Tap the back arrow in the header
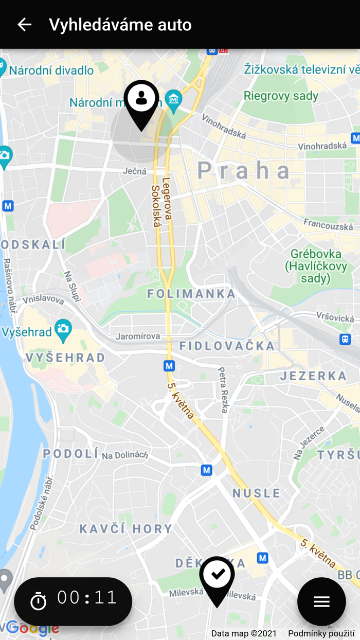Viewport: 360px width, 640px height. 24,24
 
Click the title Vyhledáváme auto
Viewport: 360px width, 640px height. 120,25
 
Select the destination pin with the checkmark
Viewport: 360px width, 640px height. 217,578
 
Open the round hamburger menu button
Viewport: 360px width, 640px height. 321,601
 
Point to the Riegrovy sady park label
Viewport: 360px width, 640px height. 281,96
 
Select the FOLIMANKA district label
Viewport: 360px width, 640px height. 191,294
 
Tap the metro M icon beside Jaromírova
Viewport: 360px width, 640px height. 169,366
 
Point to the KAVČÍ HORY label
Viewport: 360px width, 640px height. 127,528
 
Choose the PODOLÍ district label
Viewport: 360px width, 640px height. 70,453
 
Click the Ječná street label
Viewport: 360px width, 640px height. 135,171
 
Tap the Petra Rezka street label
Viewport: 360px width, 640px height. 223,389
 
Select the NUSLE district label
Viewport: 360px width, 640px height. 256,493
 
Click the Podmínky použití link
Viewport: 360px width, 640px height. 321,633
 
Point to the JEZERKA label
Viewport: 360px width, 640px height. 314,376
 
